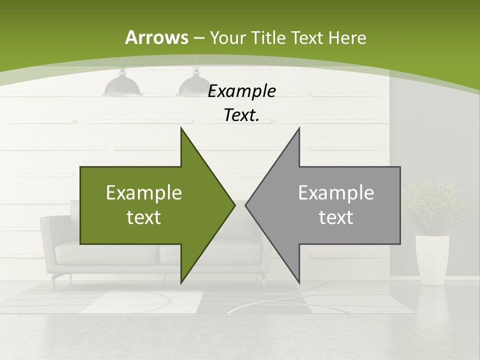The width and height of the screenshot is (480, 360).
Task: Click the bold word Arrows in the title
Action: [156, 37]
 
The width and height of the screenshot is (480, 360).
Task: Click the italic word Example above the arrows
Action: [241, 91]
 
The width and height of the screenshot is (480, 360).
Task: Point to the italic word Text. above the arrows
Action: [241, 115]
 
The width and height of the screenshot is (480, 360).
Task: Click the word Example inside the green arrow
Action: [143, 193]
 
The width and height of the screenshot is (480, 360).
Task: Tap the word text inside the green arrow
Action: [143, 217]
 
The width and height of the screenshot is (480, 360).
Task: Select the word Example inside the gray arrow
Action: [336, 193]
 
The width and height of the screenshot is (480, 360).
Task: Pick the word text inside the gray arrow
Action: [336, 217]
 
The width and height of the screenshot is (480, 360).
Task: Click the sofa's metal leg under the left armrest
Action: [53, 282]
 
